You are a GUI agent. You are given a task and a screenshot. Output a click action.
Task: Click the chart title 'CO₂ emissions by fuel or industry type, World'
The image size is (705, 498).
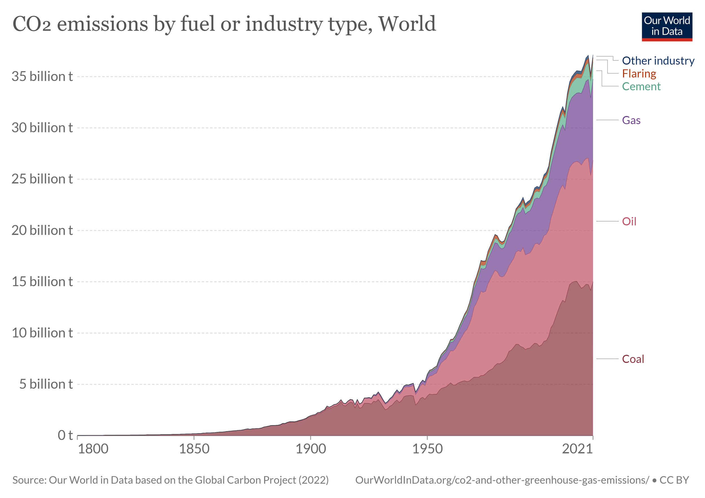coord(224,24)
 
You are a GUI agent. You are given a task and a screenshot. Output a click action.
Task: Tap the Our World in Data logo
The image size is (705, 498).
coord(667,27)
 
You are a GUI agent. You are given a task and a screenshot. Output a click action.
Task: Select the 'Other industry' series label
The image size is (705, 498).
coord(658,61)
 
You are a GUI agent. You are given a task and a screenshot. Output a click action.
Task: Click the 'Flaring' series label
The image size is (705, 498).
coord(639,74)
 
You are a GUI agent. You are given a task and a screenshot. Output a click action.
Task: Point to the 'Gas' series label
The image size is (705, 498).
coord(631,120)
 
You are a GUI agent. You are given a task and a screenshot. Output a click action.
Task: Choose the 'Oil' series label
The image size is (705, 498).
coord(629,221)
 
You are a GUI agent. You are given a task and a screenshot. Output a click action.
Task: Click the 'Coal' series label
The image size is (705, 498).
coord(633,359)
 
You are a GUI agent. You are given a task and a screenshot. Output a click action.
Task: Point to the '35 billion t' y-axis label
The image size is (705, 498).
coord(42,76)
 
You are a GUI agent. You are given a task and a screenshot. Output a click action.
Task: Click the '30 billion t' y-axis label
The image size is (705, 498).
coord(42,128)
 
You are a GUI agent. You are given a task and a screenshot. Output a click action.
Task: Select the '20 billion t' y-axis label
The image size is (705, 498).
coord(42,231)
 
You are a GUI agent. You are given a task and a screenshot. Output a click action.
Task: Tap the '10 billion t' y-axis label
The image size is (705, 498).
coord(42,333)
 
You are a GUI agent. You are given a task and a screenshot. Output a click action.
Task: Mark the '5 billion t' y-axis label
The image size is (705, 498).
coord(46,384)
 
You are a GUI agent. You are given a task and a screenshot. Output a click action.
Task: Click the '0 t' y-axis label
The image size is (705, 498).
coord(65,435)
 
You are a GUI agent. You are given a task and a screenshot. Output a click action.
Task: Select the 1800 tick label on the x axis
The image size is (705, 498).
coord(93,449)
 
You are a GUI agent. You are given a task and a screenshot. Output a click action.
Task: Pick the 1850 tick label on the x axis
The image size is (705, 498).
coord(194,449)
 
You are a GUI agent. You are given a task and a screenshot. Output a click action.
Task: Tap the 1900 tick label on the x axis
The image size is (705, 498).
coord(310,449)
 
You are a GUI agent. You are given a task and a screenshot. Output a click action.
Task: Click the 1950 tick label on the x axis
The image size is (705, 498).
coord(427,449)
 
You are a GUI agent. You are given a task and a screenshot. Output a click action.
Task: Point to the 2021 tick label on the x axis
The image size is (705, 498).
coord(577,449)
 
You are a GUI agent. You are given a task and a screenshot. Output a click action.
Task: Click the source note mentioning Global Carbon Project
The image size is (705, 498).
coord(170,480)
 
